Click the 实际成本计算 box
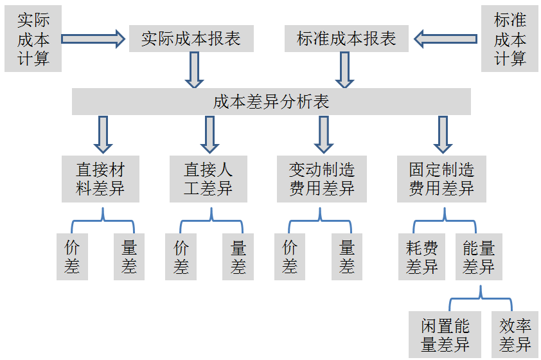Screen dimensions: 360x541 33,39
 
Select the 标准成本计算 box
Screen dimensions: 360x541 510,39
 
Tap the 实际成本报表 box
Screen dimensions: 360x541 191,39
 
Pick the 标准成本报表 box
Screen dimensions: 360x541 346,39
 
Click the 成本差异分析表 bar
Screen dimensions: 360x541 271,102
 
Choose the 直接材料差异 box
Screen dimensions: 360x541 100,179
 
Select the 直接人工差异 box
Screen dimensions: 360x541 208,179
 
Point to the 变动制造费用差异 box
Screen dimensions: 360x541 321,179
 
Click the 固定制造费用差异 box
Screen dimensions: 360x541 441,179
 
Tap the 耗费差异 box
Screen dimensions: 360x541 422,257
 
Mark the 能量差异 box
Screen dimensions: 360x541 479,257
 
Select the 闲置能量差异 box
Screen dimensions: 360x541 445,335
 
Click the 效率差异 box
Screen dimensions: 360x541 515,335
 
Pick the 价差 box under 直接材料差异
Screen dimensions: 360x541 72,257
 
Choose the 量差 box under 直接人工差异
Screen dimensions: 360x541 238,257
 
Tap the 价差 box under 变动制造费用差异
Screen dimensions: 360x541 290,257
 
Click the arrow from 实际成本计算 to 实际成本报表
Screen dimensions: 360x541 93,39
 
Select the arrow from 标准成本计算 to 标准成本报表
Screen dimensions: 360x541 445,39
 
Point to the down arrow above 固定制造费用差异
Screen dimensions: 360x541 443,133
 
